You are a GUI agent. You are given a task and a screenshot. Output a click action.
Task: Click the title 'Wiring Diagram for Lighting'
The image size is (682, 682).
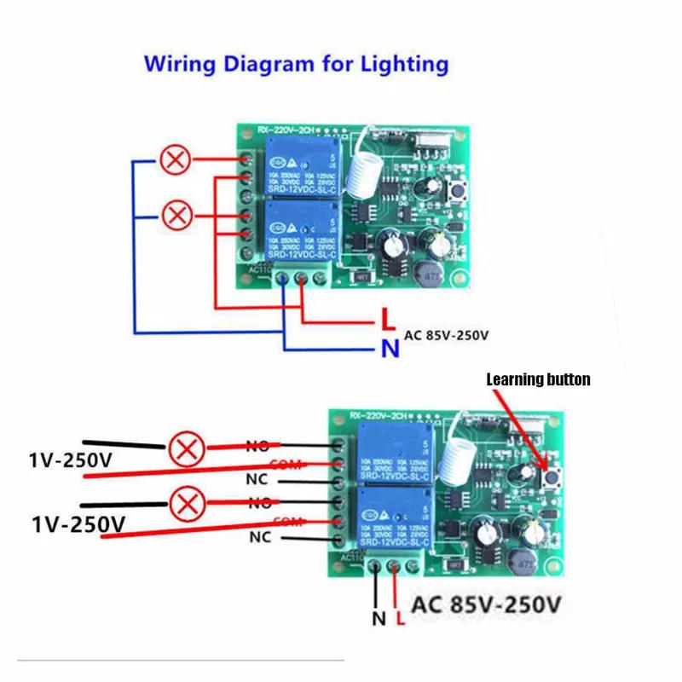click(x=296, y=64)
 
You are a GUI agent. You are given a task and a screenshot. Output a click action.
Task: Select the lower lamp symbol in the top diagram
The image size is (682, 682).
click(x=176, y=214)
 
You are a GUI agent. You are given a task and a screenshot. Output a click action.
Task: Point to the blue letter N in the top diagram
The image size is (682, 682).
click(x=388, y=348)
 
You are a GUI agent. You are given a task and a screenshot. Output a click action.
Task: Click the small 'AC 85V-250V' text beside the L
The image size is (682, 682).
click(x=447, y=335)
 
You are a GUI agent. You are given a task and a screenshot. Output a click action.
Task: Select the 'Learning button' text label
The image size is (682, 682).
click(x=538, y=379)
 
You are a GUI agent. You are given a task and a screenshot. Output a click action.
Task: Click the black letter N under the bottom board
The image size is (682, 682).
click(x=379, y=618)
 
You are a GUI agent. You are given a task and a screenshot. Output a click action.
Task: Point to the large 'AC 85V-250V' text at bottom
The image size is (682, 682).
click(x=487, y=607)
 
